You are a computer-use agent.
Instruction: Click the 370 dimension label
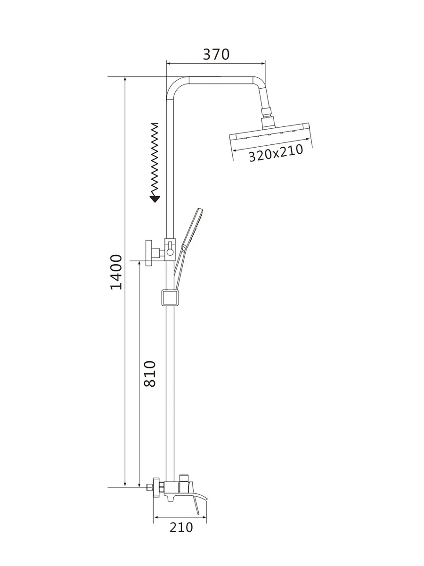(x=216, y=54)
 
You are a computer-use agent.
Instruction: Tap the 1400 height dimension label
(x=116, y=272)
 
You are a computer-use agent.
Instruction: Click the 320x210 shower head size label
(x=276, y=153)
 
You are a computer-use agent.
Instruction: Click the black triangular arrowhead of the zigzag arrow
(x=155, y=199)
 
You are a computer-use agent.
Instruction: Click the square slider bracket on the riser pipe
(x=170, y=298)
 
